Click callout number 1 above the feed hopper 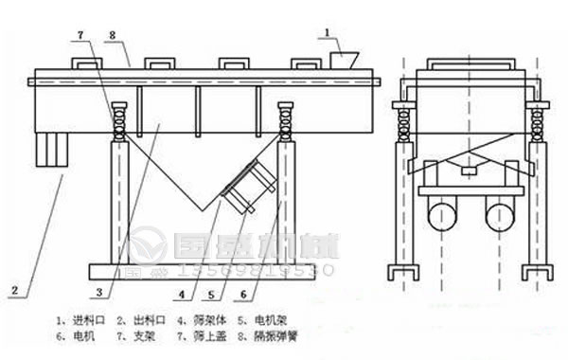point(328,35)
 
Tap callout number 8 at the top point(112,36)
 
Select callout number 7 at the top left point(80,35)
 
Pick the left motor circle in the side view point(439,217)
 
